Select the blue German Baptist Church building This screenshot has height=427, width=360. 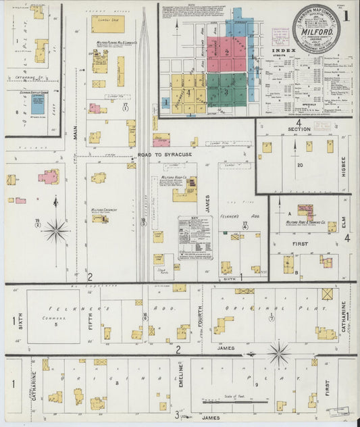click(x=38, y=104)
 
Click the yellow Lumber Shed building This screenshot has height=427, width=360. click(x=107, y=24)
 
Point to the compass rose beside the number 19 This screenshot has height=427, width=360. click(x=55, y=231)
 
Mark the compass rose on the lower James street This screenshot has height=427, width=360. click(x=278, y=352)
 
